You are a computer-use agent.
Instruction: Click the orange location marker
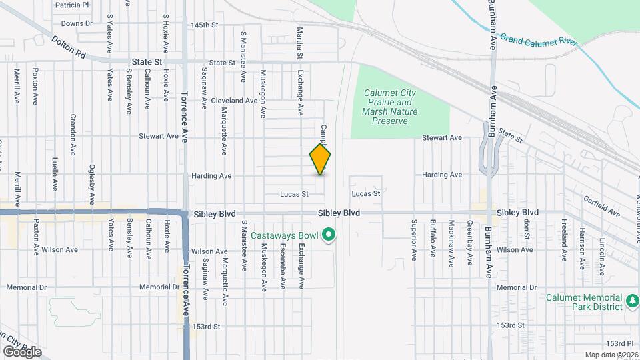321,159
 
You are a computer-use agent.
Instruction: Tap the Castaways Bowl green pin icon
327,235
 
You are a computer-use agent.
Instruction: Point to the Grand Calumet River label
539,39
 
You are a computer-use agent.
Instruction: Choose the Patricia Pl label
72,5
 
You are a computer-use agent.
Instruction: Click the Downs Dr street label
76,23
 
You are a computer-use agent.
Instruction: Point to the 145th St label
204,25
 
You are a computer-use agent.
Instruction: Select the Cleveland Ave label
233,101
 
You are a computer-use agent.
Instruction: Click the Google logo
22,351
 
